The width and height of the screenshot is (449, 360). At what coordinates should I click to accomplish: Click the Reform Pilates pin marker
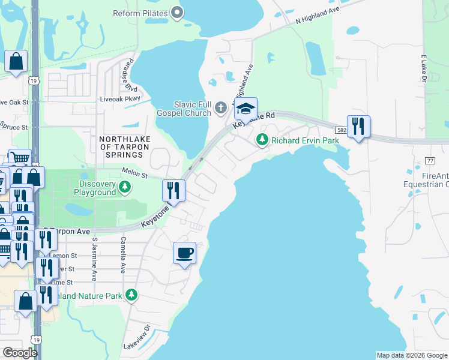177,12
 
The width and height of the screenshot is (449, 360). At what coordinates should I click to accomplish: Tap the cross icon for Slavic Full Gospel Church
221,108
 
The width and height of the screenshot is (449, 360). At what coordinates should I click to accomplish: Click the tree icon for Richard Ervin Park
262,140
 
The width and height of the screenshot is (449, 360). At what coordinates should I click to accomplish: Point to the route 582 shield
341,130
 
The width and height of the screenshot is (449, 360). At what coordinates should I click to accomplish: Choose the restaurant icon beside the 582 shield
358,127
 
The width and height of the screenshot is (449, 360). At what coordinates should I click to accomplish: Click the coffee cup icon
185,253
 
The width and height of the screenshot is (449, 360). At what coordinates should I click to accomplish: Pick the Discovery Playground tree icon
125,187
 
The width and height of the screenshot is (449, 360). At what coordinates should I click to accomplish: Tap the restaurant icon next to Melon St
173,191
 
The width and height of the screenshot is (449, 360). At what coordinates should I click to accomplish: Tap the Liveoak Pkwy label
120,98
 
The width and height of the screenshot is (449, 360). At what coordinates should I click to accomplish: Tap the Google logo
20,353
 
